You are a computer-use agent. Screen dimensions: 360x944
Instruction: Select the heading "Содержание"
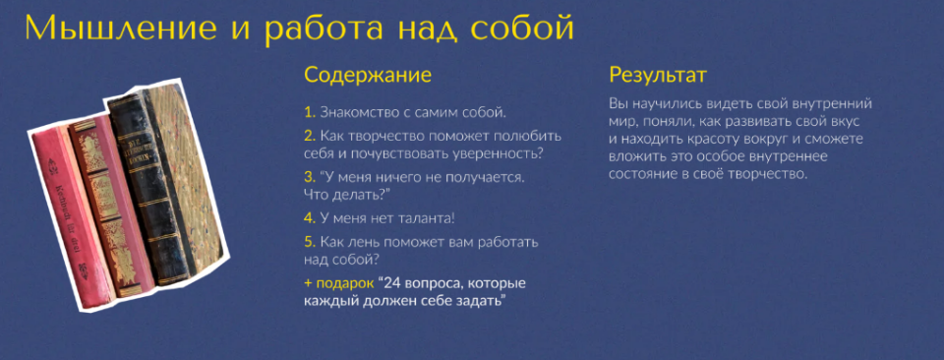click(368, 76)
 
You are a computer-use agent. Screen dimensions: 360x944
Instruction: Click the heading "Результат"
click(658, 76)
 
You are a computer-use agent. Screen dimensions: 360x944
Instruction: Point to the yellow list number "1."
click(309, 112)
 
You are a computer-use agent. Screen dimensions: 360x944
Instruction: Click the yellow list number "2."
click(310, 136)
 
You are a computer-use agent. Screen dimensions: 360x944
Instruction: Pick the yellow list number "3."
click(310, 177)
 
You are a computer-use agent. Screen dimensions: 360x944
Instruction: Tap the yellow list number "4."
click(310, 218)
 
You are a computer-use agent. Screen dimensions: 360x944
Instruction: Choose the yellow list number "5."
click(310, 242)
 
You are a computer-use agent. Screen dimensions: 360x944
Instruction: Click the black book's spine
click(139, 187)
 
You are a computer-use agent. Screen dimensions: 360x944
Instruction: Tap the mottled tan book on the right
click(187, 177)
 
